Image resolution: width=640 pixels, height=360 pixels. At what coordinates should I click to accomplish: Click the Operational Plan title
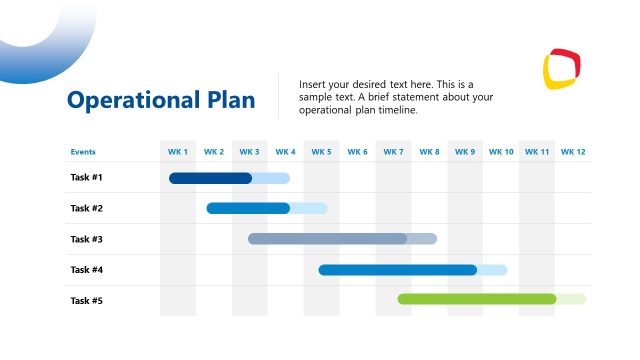pyautogui.click(x=161, y=101)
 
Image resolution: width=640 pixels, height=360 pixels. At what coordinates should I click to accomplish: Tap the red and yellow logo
pyautogui.click(x=560, y=69)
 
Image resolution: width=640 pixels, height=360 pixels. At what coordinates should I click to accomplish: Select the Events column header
pyautogui.click(x=83, y=152)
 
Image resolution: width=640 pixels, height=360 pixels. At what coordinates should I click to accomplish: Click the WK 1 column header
pyautogui.click(x=178, y=152)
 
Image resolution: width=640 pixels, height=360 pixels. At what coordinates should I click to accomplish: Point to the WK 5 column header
pyautogui.click(x=321, y=152)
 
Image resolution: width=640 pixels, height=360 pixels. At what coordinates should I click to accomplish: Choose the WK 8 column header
pyautogui.click(x=429, y=152)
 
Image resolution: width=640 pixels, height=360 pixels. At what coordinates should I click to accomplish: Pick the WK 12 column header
pyautogui.click(x=573, y=152)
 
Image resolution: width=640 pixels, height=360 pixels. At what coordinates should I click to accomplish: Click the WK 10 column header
pyautogui.click(x=501, y=152)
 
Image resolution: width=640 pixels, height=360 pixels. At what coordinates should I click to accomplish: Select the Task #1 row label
pyautogui.click(x=86, y=178)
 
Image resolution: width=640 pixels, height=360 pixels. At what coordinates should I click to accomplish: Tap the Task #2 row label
pyautogui.click(x=86, y=208)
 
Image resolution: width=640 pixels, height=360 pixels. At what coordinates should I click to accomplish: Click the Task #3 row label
pyautogui.click(x=86, y=239)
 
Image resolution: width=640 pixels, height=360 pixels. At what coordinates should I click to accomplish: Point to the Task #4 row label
pyautogui.click(x=86, y=270)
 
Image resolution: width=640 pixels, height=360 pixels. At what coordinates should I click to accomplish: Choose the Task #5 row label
pyautogui.click(x=86, y=300)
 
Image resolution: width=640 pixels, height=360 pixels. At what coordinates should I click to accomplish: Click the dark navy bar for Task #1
pyautogui.click(x=210, y=178)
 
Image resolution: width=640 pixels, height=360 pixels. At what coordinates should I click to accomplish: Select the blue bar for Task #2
pyautogui.click(x=248, y=208)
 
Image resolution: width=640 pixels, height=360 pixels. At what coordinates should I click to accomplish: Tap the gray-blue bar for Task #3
pyautogui.click(x=327, y=239)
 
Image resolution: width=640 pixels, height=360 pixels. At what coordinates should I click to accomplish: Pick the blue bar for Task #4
pyautogui.click(x=397, y=270)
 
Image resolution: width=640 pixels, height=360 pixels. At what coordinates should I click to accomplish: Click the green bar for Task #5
pyautogui.click(x=476, y=299)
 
